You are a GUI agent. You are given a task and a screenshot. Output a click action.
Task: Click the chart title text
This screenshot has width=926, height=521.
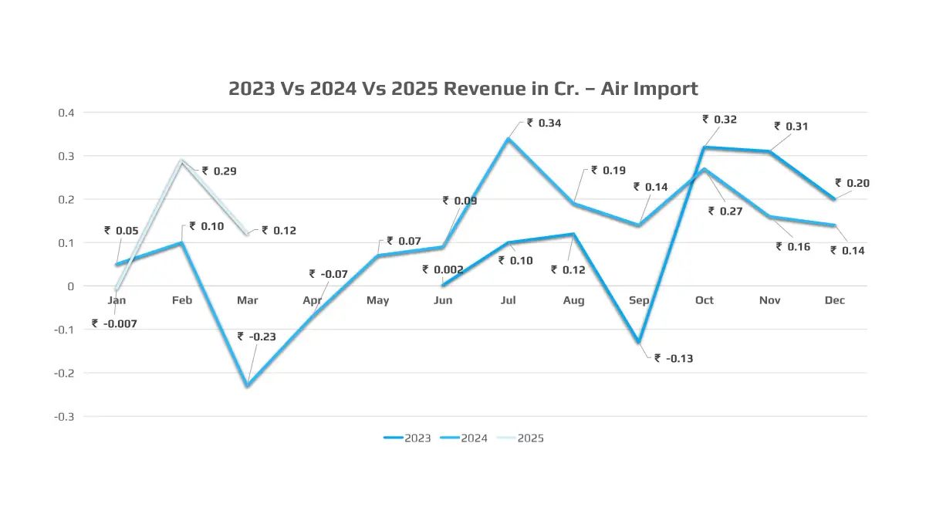tap(463, 89)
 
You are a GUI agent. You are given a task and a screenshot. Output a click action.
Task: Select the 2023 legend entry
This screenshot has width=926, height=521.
tap(407, 438)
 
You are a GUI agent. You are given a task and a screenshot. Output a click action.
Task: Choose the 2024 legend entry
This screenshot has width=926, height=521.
tap(464, 438)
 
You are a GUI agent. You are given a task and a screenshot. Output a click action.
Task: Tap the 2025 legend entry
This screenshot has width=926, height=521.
tap(520, 438)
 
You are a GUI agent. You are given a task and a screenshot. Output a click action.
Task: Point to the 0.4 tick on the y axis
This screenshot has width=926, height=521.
tap(66, 113)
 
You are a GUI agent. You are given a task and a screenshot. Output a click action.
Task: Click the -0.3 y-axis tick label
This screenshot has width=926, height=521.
tap(64, 417)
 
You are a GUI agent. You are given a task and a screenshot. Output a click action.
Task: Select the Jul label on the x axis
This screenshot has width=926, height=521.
tap(509, 300)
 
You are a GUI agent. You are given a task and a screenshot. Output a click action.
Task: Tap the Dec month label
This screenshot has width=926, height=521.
tap(835, 300)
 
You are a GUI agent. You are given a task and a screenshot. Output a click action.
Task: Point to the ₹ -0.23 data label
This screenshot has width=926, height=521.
tap(256, 337)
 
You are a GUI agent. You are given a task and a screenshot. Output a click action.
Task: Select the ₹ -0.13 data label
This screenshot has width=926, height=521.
tap(674, 358)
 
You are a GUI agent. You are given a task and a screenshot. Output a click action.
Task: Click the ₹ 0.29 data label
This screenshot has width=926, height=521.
tap(219, 171)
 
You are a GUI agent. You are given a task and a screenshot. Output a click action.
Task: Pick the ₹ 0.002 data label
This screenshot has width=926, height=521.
tap(443, 270)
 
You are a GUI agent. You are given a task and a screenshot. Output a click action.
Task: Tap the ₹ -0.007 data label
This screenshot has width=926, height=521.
tap(114, 324)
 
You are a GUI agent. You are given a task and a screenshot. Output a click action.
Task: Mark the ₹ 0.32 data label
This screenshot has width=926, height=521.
tap(720, 120)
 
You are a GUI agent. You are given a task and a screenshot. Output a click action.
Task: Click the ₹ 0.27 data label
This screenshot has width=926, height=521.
tap(725, 211)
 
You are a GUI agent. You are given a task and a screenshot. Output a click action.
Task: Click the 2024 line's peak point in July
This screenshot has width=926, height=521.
tap(509, 138)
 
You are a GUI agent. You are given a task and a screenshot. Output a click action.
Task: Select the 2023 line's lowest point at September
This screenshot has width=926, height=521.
tap(639, 342)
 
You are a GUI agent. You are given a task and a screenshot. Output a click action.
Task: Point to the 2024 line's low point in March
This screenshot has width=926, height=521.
tap(247, 386)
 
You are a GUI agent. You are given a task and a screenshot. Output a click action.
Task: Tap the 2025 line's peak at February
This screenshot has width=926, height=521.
tap(181, 161)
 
